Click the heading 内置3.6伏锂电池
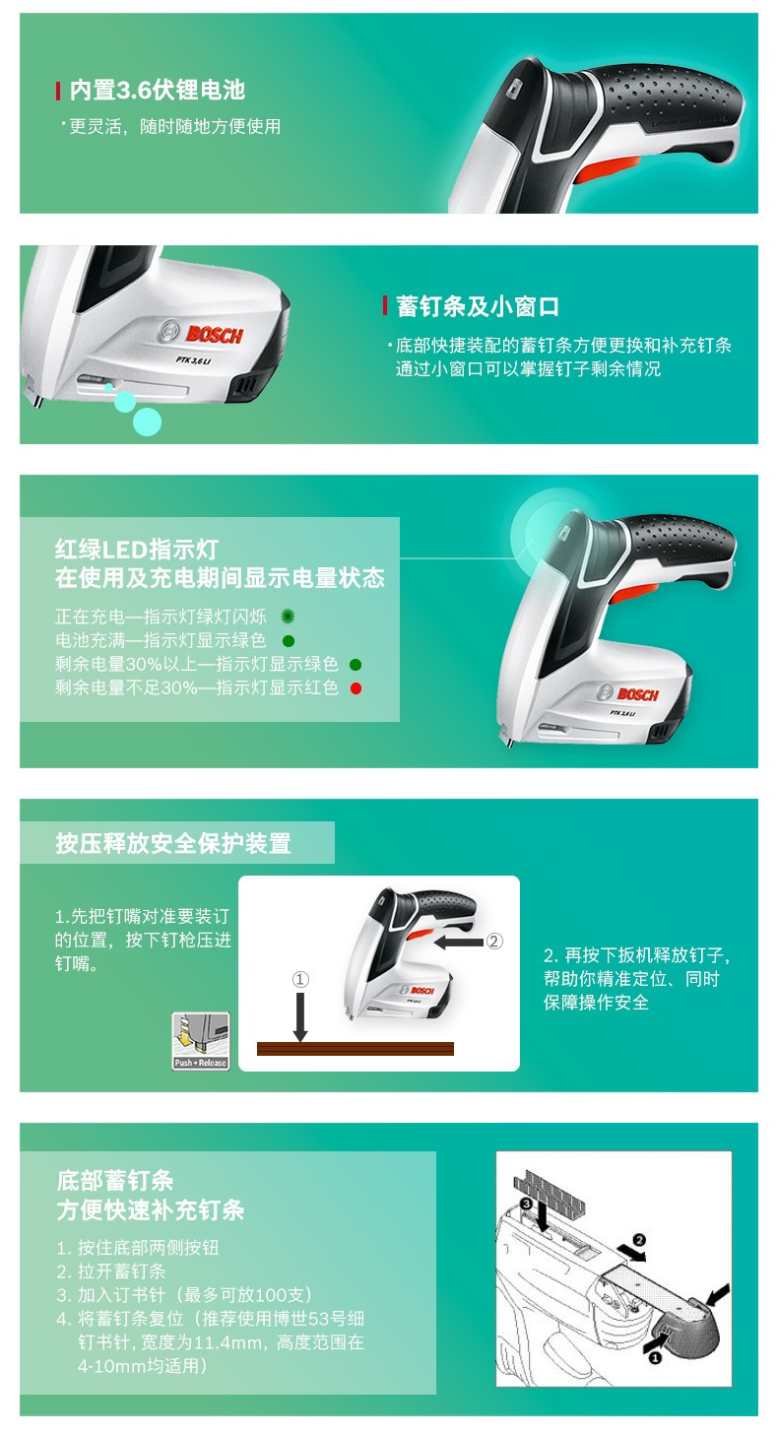click(x=158, y=91)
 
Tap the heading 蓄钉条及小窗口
click(x=477, y=306)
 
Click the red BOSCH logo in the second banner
click(x=215, y=334)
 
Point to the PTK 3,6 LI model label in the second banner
click(x=193, y=360)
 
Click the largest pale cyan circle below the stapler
click(x=147, y=422)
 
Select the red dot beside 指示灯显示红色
click(x=357, y=688)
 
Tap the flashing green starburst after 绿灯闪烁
click(x=289, y=616)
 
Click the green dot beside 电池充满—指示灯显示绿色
click(x=289, y=640)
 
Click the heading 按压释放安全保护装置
click(x=173, y=843)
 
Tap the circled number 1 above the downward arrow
click(x=300, y=979)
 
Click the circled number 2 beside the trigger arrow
click(x=494, y=942)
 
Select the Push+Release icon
click(x=201, y=1041)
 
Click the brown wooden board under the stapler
click(x=356, y=1048)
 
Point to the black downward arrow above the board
click(x=300, y=1016)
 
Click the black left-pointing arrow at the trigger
click(x=459, y=942)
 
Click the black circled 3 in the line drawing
click(x=526, y=1204)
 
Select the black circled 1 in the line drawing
click(x=655, y=1357)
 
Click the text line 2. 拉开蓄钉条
click(x=110, y=1271)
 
